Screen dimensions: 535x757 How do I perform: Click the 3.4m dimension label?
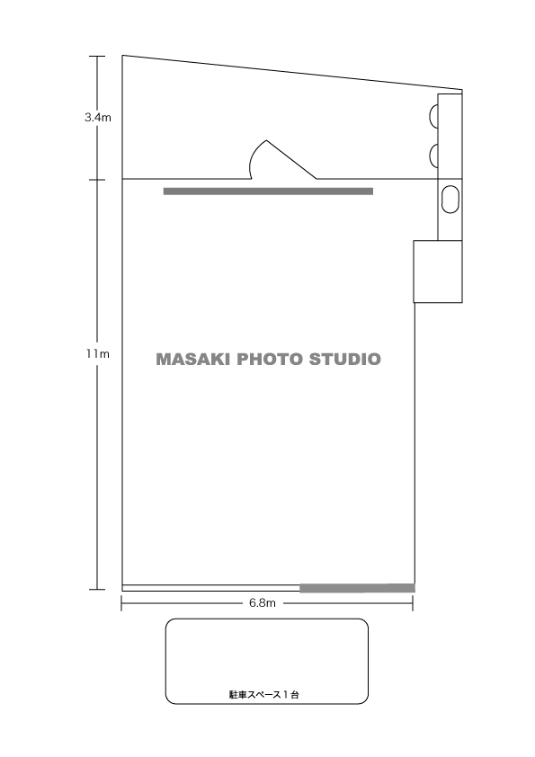(x=98, y=117)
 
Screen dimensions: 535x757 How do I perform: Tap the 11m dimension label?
(x=98, y=354)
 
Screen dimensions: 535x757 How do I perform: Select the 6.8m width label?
(x=263, y=603)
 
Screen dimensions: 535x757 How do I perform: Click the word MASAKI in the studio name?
(x=192, y=360)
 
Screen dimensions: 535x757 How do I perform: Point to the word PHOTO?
(x=270, y=360)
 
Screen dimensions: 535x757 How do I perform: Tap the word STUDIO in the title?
(x=344, y=360)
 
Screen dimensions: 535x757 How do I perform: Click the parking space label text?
(x=263, y=695)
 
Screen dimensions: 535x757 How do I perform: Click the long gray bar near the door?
(x=269, y=191)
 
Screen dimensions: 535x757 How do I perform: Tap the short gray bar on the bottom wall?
(x=357, y=588)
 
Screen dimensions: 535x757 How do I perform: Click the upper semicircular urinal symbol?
(x=433, y=117)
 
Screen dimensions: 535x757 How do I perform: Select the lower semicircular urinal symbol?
(x=433, y=156)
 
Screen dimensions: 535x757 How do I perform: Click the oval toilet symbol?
(x=450, y=199)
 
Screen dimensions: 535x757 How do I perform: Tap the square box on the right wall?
(x=438, y=272)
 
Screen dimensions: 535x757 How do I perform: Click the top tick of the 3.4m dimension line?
(x=97, y=57)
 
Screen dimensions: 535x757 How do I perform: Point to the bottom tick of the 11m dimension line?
(x=97, y=589)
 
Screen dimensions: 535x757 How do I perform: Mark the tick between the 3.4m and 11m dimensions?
(x=97, y=180)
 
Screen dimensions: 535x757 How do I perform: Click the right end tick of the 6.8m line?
(x=413, y=603)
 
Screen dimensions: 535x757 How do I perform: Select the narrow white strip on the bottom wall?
(x=211, y=588)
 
